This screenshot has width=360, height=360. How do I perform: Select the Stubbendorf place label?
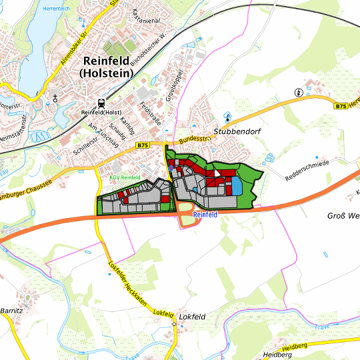pyautogui.click(x=235, y=132)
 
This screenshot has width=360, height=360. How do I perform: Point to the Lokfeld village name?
pyautogui.click(x=192, y=317)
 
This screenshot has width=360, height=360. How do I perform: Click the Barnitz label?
pyautogui.click(x=12, y=311)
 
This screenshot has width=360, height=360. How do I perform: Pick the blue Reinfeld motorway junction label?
pyautogui.click(x=206, y=215)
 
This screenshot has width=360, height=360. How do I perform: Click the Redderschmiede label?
pyautogui.click(x=308, y=171)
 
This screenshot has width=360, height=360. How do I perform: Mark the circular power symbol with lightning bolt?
pyautogui.click(x=298, y=92)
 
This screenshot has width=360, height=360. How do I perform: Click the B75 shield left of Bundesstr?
pyautogui.click(x=143, y=145)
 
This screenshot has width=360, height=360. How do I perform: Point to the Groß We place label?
pyautogui.click(x=343, y=216)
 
